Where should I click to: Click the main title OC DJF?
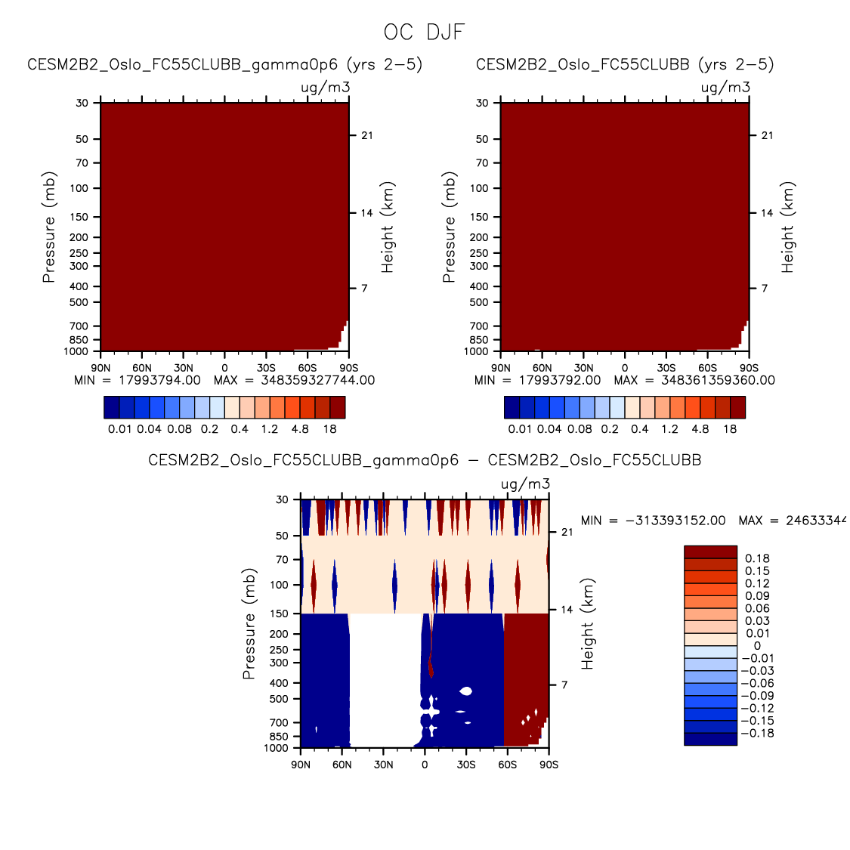pos(424,32)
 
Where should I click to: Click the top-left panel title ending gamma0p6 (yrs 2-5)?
pos(224,64)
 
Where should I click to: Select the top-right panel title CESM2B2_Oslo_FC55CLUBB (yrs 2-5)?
pos(625,64)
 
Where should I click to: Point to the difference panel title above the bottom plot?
pos(425,459)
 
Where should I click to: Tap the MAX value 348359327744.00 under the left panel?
pos(317,380)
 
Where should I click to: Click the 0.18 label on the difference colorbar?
pos(757,558)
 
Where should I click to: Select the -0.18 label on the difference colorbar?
pos(757,733)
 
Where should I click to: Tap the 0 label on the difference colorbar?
pos(757,646)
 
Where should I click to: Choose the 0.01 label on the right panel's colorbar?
pos(520,428)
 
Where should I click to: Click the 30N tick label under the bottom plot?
pos(383,764)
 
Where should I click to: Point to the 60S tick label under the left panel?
pos(307,368)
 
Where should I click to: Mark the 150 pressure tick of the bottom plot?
pos(281,614)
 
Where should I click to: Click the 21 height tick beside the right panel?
pos(767,135)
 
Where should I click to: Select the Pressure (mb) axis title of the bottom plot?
pos(249,624)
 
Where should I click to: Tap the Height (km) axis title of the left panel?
pos(388,227)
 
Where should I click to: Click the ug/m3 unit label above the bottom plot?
pos(525,484)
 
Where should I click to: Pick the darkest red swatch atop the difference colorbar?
pos(710,552)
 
